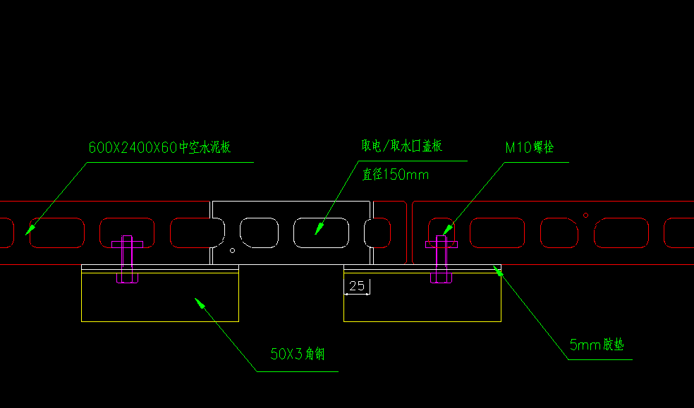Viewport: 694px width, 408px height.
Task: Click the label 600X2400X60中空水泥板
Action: coord(159,148)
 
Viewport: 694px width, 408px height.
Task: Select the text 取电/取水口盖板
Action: coord(402,146)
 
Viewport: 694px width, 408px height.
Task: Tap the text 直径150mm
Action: coord(395,174)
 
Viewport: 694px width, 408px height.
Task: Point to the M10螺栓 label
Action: coord(530,148)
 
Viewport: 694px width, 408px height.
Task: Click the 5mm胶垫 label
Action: coord(597,345)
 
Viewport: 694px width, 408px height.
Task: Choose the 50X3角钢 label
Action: coord(297,354)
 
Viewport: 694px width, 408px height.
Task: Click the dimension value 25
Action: coord(357,286)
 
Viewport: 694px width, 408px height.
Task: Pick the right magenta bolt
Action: coord(442,259)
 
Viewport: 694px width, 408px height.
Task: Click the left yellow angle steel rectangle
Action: coord(160,297)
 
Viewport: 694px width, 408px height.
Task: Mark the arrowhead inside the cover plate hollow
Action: coord(318,228)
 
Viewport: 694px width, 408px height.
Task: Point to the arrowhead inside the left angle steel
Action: coord(200,304)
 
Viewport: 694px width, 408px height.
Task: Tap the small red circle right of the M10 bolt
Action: coord(585,214)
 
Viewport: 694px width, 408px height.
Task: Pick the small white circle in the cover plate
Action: coord(233,249)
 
